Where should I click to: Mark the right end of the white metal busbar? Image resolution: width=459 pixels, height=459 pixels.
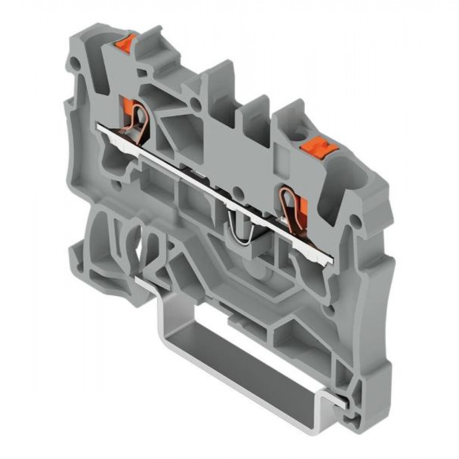[331, 260]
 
